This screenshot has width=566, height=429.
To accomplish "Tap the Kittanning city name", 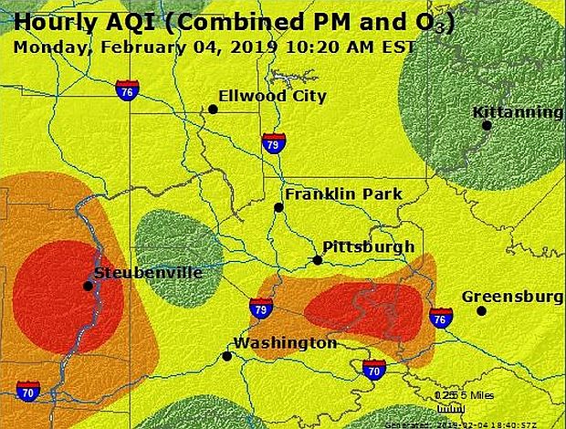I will tap(517, 111).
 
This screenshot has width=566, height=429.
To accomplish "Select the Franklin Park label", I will tap(342, 194).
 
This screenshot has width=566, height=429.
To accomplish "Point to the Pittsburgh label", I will tap(368, 246).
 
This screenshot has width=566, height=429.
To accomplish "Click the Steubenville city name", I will tap(148, 272).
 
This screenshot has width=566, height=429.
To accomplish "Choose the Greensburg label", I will tap(511, 297).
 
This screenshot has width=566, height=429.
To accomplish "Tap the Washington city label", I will tap(285, 343).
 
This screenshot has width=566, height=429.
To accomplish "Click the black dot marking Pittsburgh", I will tap(318, 260).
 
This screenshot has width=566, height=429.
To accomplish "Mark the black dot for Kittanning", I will tap(487, 125).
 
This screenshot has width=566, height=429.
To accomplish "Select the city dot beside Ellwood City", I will tap(213, 110).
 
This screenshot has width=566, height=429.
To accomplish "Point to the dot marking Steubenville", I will tap(88, 286).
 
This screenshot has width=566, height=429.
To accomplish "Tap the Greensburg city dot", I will tap(481, 311).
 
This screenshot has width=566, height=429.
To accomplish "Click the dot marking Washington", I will tap(226, 356).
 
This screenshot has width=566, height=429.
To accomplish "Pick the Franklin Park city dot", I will tap(279, 207).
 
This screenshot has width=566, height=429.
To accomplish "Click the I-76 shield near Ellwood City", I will tap(127, 89).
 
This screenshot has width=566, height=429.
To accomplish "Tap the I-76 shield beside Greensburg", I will tap(441, 318).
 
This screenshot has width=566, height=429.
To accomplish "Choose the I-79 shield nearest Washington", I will tap(261, 309).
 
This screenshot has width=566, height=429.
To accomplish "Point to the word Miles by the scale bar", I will tap(479, 394).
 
